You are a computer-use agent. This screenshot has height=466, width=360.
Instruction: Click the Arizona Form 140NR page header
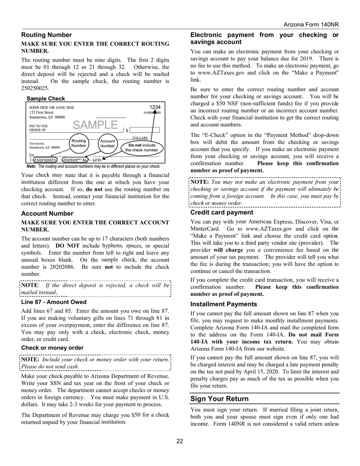[x=311, y=25]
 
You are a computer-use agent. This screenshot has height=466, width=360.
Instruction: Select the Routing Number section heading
[x=46, y=35]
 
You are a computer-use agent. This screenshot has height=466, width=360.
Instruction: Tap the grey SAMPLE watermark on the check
[x=95, y=125]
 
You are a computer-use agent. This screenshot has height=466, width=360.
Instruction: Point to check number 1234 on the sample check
[x=155, y=107]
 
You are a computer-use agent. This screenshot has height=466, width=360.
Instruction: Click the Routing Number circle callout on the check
[x=79, y=143]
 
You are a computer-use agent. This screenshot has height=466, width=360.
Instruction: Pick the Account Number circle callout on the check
[x=107, y=143]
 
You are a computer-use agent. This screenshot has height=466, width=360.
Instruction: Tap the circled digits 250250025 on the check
[x=45, y=160]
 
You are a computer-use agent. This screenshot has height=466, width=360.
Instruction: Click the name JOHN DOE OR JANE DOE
[x=52, y=108]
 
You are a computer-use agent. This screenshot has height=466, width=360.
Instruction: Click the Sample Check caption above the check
[x=45, y=99]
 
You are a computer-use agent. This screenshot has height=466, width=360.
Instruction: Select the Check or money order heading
[x=52, y=348]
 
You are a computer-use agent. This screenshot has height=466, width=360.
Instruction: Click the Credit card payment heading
[x=222, y=213]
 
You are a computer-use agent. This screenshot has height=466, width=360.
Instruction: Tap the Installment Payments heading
[x=224, y=304]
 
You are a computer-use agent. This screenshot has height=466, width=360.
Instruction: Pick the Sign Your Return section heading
[x=219, y=399]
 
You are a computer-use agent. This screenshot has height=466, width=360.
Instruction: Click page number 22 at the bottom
[x=180, y=441]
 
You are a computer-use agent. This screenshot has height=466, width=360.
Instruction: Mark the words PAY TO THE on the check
[x=39, y=126]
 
